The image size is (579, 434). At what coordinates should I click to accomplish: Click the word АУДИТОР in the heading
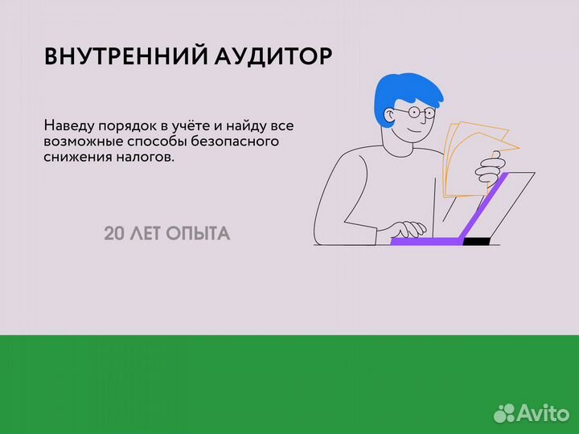tap(274, 56)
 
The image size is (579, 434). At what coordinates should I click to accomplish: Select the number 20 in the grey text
tap(113, 234)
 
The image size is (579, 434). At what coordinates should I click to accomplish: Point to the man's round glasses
tap(418, 113)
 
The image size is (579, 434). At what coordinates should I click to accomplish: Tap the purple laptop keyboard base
tap(426, 240)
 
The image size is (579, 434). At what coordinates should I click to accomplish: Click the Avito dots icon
tap(504, 412)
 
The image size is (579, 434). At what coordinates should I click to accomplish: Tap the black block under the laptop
tap(475, 240)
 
